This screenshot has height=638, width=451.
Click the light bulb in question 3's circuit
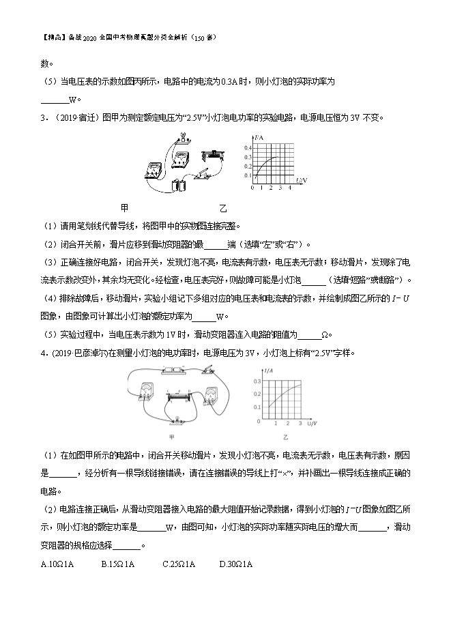point(183,136)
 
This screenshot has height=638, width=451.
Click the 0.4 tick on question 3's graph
point(248,147)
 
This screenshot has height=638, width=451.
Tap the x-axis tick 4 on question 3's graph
point(290,188)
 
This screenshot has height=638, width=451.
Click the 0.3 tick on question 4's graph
point(257,381)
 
